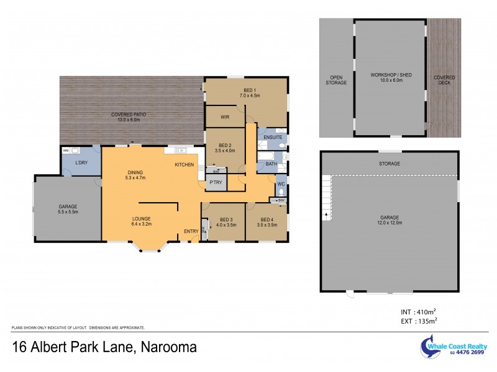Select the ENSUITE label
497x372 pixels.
point(272,137)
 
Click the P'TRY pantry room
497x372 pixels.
point(216,182)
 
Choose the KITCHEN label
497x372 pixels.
point(184,164)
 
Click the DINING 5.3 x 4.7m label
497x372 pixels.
point(135,175)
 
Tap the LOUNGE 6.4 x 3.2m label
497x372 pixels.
point(142,221)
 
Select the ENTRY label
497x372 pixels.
point(191,232)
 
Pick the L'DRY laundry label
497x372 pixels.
point(80,162)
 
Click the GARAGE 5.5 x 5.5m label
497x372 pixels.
point(67,209)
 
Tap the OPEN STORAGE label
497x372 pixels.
point(336,80)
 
